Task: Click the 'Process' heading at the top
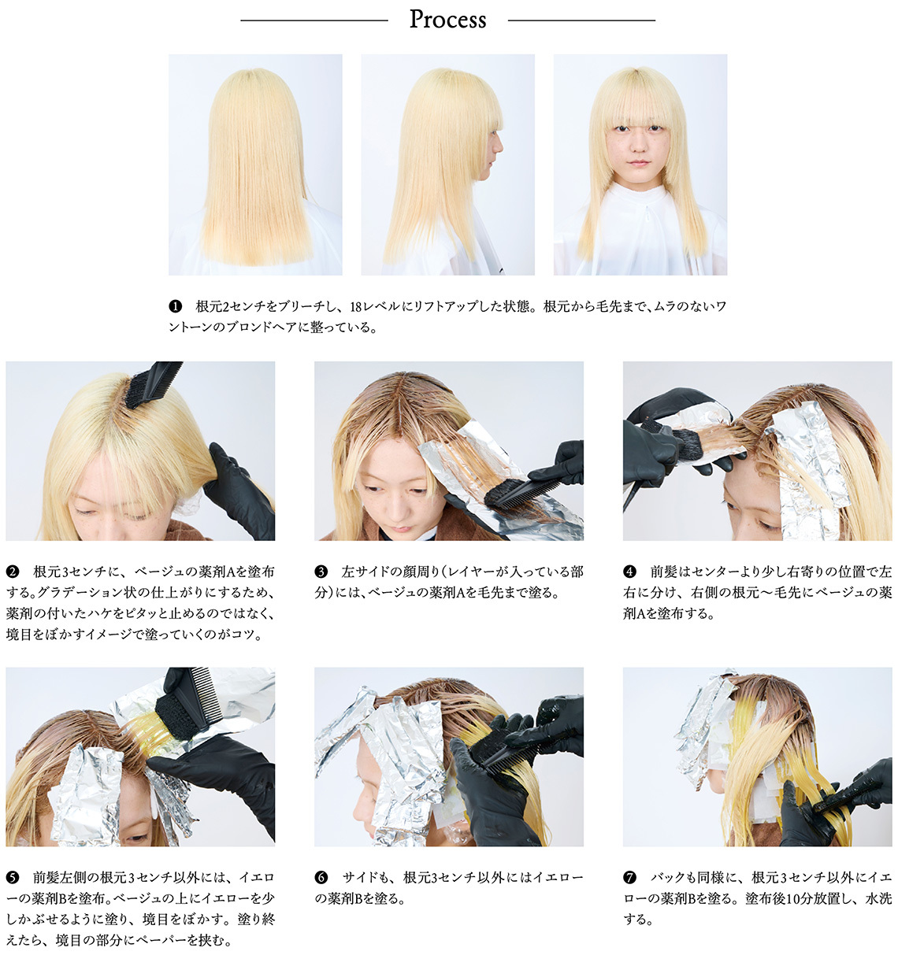coord(447,20)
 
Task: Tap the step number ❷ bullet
coord(13,572)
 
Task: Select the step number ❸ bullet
coord(321,572)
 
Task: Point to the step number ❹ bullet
coord(629,572)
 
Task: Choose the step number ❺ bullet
coord(13,877)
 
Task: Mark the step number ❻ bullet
coord(321,877)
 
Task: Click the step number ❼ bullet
coord(629,877)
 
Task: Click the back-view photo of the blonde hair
coord(255,165)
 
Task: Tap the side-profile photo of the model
coord(447,165)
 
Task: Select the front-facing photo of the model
coord(640,165)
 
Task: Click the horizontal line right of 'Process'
coord(581,20)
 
